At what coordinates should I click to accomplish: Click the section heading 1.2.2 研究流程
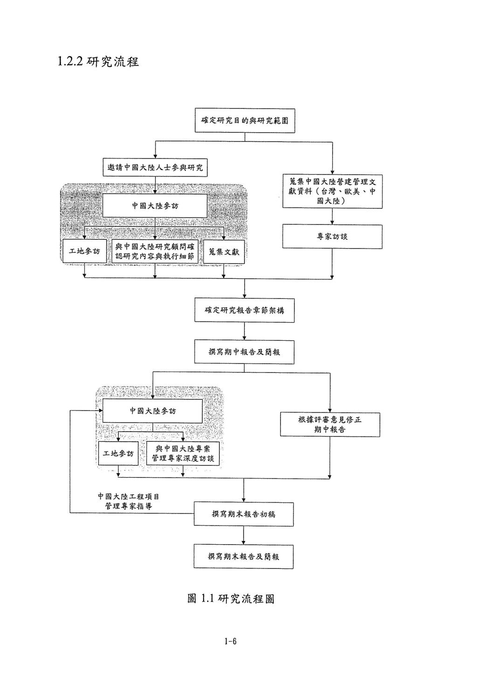click(98, 61)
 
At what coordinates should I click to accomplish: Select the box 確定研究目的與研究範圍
click(245, 121)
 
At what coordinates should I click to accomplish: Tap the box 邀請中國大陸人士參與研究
click(155, 168)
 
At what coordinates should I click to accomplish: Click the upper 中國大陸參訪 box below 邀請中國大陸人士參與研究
click(155, 206)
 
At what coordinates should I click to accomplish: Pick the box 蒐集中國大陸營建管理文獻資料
click(333, 191)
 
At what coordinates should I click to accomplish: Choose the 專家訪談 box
click(333, 236)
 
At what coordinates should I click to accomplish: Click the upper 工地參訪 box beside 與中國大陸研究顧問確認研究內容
click(84, 251)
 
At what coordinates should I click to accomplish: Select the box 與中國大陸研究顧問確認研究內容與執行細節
click(155, 251)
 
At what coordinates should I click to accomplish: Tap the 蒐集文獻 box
click(224, 252)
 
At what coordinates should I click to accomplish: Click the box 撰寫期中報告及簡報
click(245, 352)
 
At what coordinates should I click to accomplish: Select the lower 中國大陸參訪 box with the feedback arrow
click(153, 411)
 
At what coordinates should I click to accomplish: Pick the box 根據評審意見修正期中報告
click(330, 425)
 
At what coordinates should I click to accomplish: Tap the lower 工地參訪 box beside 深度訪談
click(118, 453)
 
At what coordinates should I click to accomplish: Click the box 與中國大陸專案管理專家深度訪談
click(183, 453)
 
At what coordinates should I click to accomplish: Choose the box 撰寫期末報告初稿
click(244, 514)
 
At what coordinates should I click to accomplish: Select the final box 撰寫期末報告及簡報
click(244, 556)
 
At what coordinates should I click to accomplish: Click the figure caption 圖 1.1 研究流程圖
click(231, 599)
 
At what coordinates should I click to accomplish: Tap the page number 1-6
click(231, 641)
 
